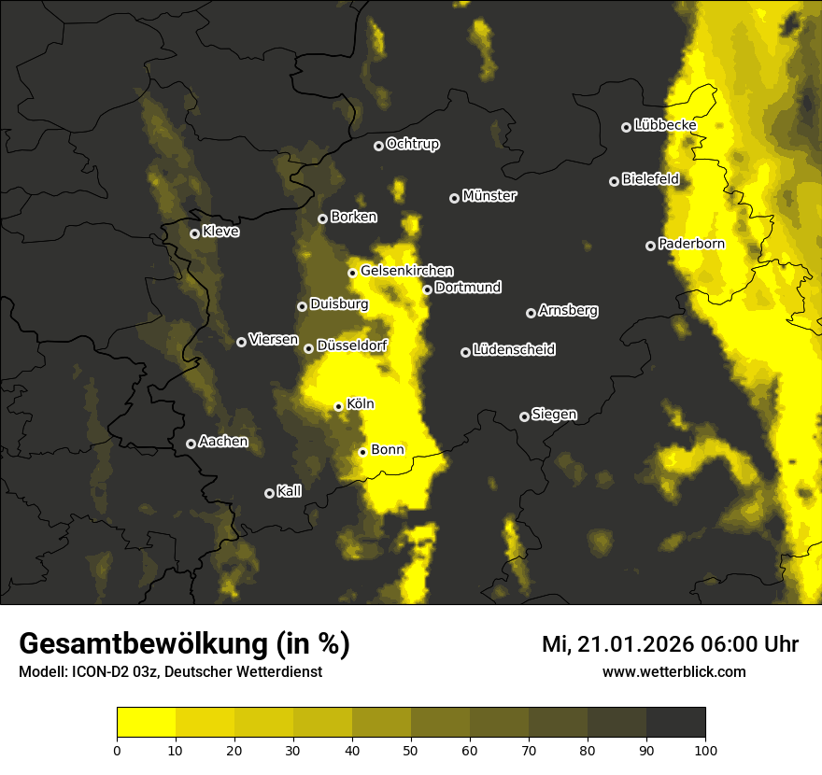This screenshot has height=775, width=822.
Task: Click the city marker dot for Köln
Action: [x=339, y=406]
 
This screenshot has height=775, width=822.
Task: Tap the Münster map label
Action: [x=489, y=196]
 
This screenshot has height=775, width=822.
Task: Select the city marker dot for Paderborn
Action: [x=650, y=246]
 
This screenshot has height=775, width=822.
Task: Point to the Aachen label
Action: [x=223, y=442]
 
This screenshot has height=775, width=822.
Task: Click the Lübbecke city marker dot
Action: [x=626, y=127]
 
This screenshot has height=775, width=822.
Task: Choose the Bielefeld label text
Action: [x=650, y=178]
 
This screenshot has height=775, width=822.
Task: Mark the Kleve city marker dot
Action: [x=194, y=233]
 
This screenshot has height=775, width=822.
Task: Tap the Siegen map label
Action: [x=554, y=415]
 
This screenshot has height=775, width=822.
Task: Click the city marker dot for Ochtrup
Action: [x=378, y=146]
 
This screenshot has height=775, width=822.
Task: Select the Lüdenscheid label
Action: [x=514, y=350]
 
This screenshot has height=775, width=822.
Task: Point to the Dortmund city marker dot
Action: [x=427, y=289]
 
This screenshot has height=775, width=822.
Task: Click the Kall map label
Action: [x=289, y=491]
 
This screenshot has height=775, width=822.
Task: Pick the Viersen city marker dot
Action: [x=241, y=342]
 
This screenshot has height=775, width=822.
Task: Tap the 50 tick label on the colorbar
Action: [x=411, y=750]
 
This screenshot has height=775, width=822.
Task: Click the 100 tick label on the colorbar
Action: [x=705, y=750]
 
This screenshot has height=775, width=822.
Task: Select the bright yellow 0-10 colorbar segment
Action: [x=147, y=722]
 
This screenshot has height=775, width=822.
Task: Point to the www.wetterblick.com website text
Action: [x=673, y=671]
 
